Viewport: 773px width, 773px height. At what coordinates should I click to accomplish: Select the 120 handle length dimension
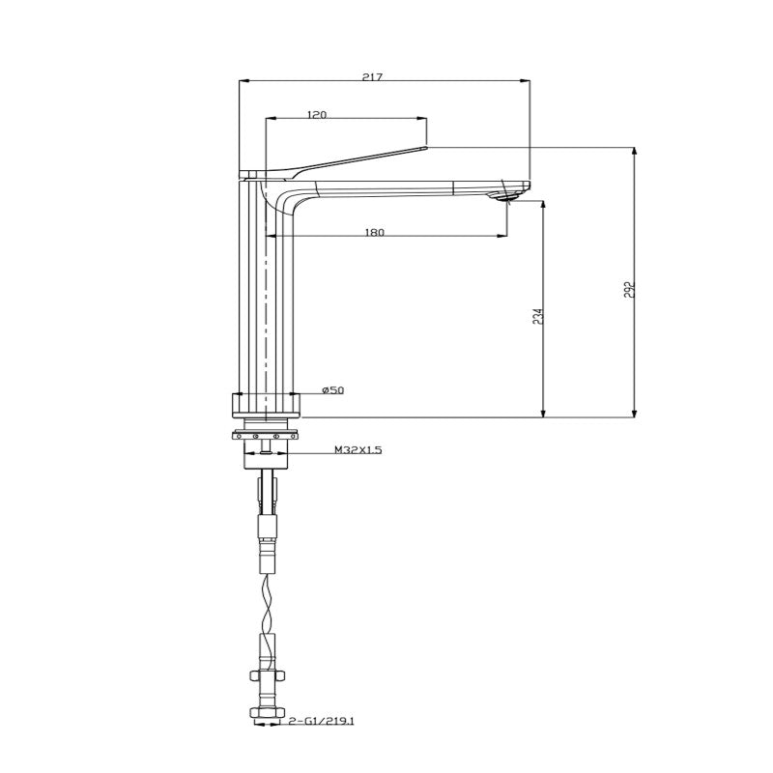click(x=316, y=114)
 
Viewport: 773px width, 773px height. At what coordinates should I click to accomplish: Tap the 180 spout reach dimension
click(x=375, y=232)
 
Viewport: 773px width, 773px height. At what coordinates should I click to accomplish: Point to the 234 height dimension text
click(x=537, y=315)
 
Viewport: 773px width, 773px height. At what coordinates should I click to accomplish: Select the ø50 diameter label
click(x=332, y=390)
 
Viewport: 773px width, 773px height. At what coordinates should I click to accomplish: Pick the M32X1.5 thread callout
click(x=358, y=450)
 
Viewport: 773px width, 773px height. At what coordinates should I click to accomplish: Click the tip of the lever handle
click(x=422, y=148)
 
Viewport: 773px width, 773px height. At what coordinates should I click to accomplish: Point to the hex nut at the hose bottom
click(x=267, y=716)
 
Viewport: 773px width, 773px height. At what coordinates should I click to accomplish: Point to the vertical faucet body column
click(x=265, y=290)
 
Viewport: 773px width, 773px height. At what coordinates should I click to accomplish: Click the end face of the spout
click(x=528, y=186)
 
